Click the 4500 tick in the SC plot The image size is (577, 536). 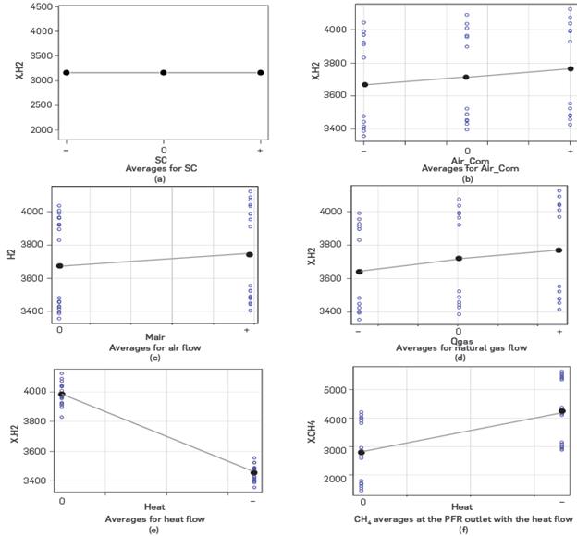39,6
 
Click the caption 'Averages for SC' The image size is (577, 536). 163,169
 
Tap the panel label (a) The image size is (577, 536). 163,179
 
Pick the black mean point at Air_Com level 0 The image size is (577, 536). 467,77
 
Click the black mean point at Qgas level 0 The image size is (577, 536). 459,258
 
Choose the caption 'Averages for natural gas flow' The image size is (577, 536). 459,347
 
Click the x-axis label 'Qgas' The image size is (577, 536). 459,339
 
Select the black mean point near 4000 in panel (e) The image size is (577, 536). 62,395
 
